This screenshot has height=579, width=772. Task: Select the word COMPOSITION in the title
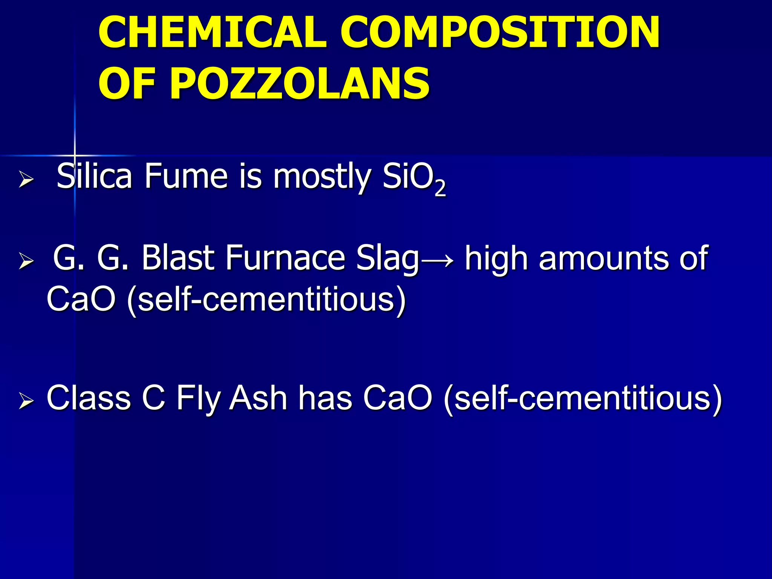pyautogui.click(x=500, y=33)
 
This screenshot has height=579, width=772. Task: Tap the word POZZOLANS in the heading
pyautogui.click(x=300, y=84)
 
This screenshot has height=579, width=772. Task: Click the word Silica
pyautogui.click(x=94, y=176)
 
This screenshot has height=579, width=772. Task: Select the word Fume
pyautogui.click(x=186, y=176)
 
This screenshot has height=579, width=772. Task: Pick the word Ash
pyautogui.click(x=258, y=398)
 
